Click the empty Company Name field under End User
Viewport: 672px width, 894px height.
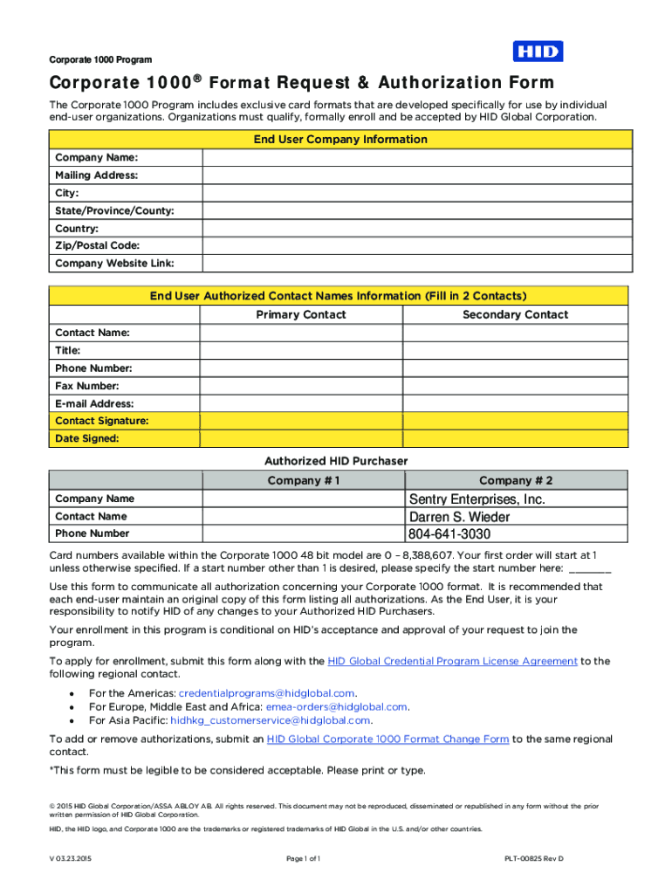tap(415, 158)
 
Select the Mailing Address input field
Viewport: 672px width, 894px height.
tap(415, 175)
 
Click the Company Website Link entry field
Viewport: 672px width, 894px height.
tap(415, 263)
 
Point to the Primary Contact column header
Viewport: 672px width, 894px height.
tap(300, 314)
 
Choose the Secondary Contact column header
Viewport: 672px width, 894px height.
tap(515, 314)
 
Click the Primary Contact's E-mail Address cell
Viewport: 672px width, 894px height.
tap(301, 403)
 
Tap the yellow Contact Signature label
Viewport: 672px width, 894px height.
tap(101, 421)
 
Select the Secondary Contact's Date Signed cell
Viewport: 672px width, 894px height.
tap(515, 438)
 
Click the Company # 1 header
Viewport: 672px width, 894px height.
tap(303, 480)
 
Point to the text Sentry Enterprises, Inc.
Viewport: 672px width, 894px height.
tap(477, 499)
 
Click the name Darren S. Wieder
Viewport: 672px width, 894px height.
tap(459, 517)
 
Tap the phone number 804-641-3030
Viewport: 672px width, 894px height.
tap(449, 533)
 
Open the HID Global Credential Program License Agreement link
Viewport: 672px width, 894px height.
tap(452, 661)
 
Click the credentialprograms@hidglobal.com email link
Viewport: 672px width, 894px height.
tap(266, 693)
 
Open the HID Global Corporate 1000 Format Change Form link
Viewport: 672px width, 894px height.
tap(387, 739)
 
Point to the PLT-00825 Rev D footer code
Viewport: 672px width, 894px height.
tap(533, 859)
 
